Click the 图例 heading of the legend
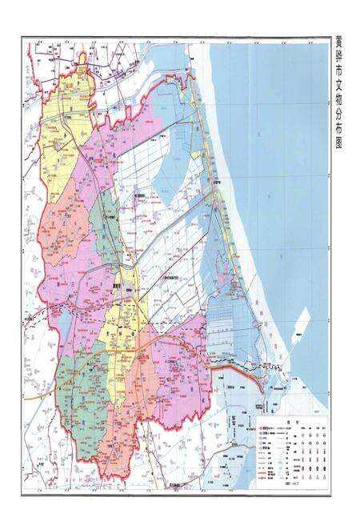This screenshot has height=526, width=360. (291, 424)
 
